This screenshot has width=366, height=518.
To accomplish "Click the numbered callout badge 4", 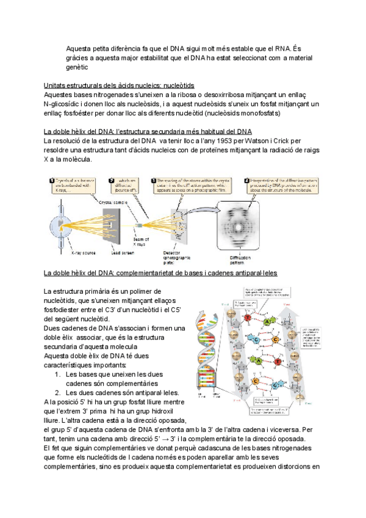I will point(246,181).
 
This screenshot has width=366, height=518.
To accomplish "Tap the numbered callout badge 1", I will point(51,181).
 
